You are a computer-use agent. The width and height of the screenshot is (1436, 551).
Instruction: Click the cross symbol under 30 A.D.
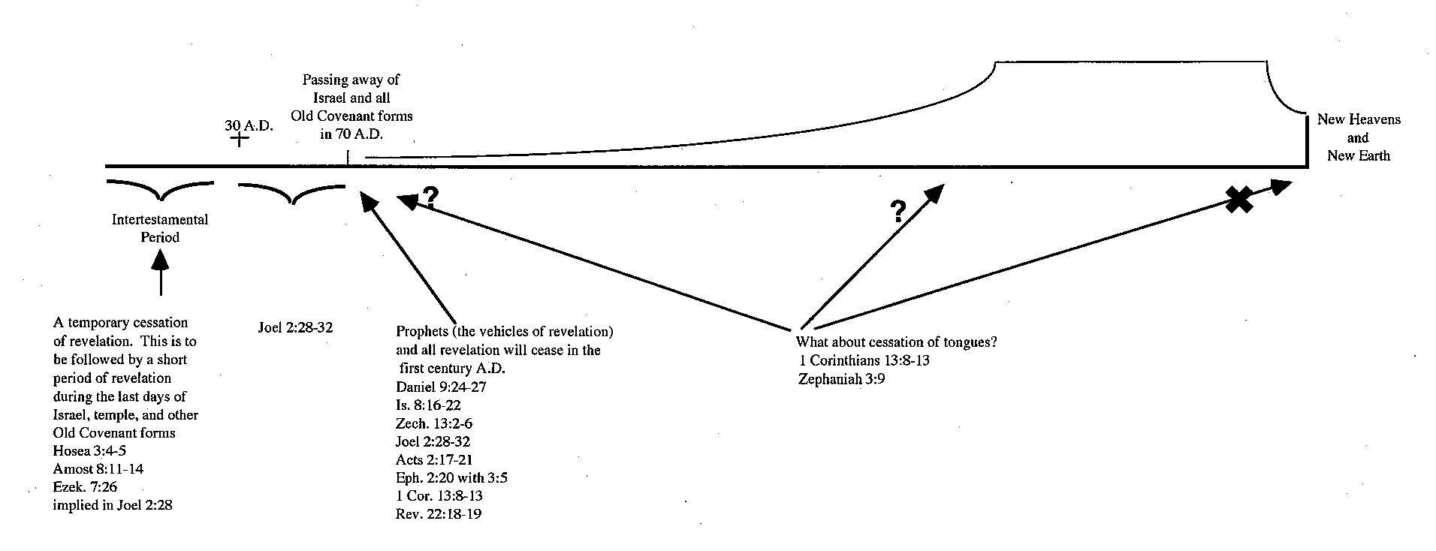coord(238,139)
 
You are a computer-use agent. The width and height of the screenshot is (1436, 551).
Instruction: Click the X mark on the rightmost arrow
coord(1239,200)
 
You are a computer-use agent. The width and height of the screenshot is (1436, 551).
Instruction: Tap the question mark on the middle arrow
coord(897,212)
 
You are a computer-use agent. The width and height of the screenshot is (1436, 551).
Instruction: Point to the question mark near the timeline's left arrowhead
coord(430,197)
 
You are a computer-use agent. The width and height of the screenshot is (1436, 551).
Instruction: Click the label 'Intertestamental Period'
coord(160,228)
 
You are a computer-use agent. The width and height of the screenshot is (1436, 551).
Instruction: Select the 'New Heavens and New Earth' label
coord(1358,137)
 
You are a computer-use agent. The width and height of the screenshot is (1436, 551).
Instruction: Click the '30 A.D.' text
coord(249,125)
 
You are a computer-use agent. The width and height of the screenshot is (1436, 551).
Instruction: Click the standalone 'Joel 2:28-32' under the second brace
coord(295,328)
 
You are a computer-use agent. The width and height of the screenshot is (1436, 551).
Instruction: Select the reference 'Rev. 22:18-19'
coord(439,514)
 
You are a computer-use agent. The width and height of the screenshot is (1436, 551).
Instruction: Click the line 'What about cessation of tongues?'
coord(896,342)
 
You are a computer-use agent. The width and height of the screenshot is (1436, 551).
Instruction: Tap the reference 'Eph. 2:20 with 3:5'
coord(451,477)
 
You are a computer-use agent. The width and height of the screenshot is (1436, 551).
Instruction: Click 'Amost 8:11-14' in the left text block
coord(98,469)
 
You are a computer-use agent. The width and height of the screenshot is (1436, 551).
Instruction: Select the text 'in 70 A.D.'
coord(351,134)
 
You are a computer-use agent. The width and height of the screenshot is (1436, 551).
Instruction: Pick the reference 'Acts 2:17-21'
coord(434,459)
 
